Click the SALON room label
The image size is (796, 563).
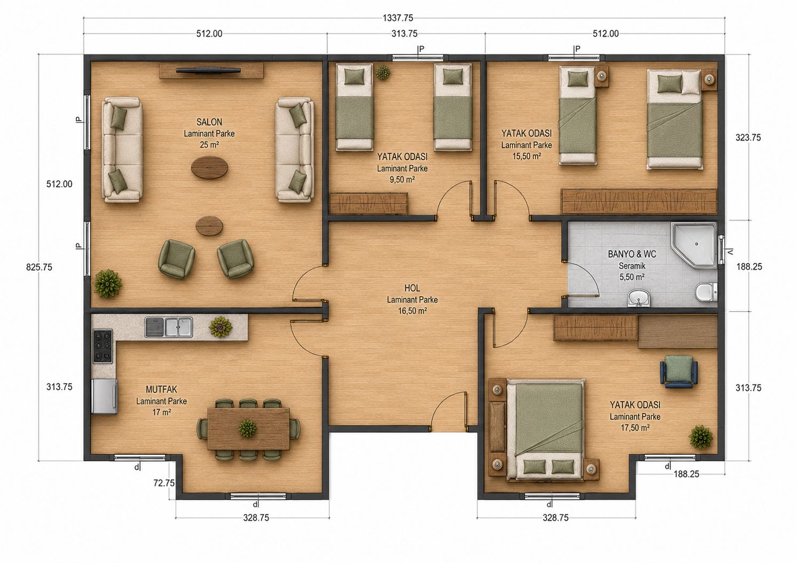pyautogui.click(x=209, y=122)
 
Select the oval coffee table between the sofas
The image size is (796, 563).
pyautogui.click(x=209, y=167)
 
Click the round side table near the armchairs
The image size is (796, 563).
pyautogui.click(x=210, y=226)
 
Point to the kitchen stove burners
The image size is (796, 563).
pyautogui.click(x=103, y=346)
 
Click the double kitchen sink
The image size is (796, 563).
pyautogui.click(x=169, y=327)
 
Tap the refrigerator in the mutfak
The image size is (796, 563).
pyautogui.click(x=105, y=397)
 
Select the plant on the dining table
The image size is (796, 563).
pyautogui.click(x=247, y=428)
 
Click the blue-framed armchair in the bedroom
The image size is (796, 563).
pyautogui.click(x=679, y=371)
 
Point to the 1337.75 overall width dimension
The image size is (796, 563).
pyautogui.click(x=398, y=18)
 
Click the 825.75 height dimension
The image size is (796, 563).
pyautogui.click(x=39, y=267)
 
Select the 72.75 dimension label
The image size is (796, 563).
pyautogui.click(x=164, y=483)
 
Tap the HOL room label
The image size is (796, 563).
pyautogui.click(x=412, y=288)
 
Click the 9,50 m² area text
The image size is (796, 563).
pyautogui.click(x=402, y=179)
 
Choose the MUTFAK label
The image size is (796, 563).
pyautogui.click(x=161, y=390)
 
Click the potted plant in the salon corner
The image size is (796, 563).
pyautogui.click(x=107, y=283)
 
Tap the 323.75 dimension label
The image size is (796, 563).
pyautogui.click(x=748, y=138)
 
